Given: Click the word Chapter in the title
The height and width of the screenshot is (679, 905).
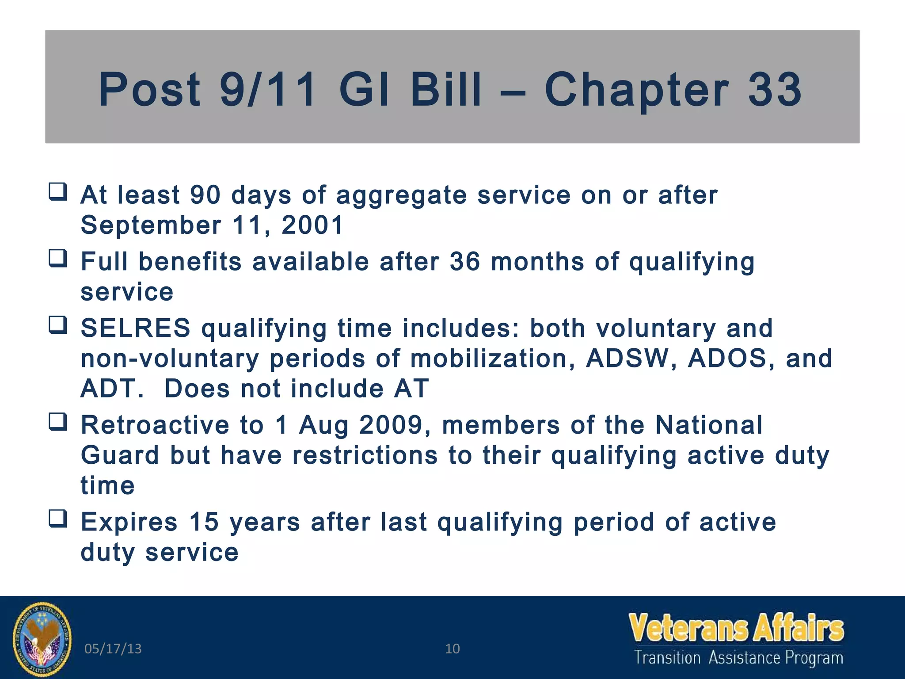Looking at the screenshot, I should coord(636,91).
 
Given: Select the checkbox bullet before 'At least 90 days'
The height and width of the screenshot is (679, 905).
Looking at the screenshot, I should coord(58,192).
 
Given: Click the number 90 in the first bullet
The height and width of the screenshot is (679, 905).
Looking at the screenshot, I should coord(205,195).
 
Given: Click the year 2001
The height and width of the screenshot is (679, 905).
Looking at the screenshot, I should coord(312,225).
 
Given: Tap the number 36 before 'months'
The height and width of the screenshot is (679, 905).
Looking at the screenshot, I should coord(465,261).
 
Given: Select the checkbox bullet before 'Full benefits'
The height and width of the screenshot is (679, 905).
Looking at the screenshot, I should coord(58,259).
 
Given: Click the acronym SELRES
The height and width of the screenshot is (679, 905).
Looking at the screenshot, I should coord(136,328).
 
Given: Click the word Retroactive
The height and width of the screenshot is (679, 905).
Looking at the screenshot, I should coord(155,425).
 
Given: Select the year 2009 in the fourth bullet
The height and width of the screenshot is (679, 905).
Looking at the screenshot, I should coord(392,425).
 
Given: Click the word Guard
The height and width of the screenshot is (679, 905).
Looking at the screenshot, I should coord(120,455).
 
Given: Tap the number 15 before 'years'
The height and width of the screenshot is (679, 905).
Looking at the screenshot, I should coord(204,522).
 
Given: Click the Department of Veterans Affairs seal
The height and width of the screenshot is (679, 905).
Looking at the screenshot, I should coord(42,639).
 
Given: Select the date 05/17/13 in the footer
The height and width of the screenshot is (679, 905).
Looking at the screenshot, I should coord(113,649).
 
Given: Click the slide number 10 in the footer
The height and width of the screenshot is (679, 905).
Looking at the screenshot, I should coord(452,649).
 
